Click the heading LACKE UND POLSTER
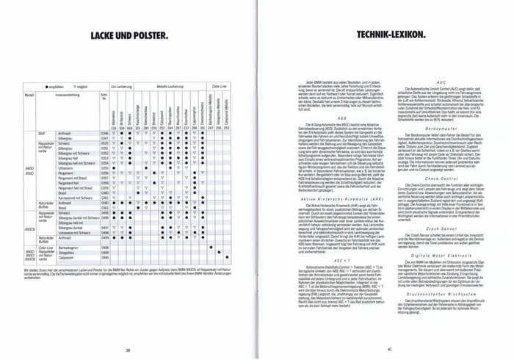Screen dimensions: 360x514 pyautogui.click(x=128, y=34)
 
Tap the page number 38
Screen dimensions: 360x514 pyautogui.click(x=128, y=328)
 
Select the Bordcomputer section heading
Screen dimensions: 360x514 pyautogui.click(x=441, y=127)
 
